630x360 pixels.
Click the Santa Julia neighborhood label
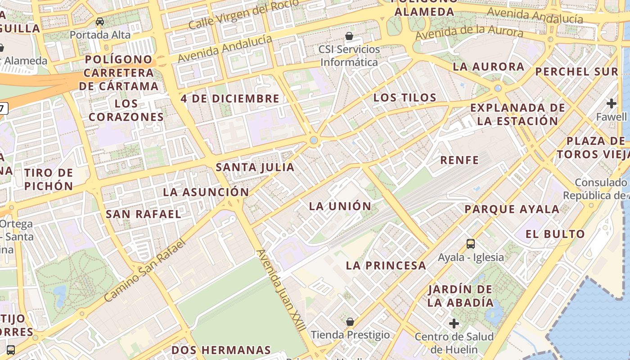(x=255, y=167)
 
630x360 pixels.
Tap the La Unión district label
(x=340, y=206)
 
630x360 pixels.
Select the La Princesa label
(x=386, y=265)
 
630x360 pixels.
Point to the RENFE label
(x=459, y=160)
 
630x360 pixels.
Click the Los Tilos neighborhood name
(x=405, y=97)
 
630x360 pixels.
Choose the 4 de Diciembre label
(x=230, y=99)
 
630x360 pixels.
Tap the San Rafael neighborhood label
(x=144, y=214)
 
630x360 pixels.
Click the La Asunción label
(x=206, y=192)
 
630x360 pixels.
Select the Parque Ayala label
(x=512, y=209)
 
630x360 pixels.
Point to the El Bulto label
(x=555, y=234)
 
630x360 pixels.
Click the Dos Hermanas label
(x=221, y=350)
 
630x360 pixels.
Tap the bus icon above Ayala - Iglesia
(x=471, y=244)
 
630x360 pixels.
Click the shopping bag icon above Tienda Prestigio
(x=350, y=322)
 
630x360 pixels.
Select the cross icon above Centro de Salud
(x=454, y=324)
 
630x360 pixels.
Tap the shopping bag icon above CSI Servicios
(x=349, y=36)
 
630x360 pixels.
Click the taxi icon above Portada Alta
(x=100, y=21)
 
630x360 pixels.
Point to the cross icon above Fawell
(x=611, y=103)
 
